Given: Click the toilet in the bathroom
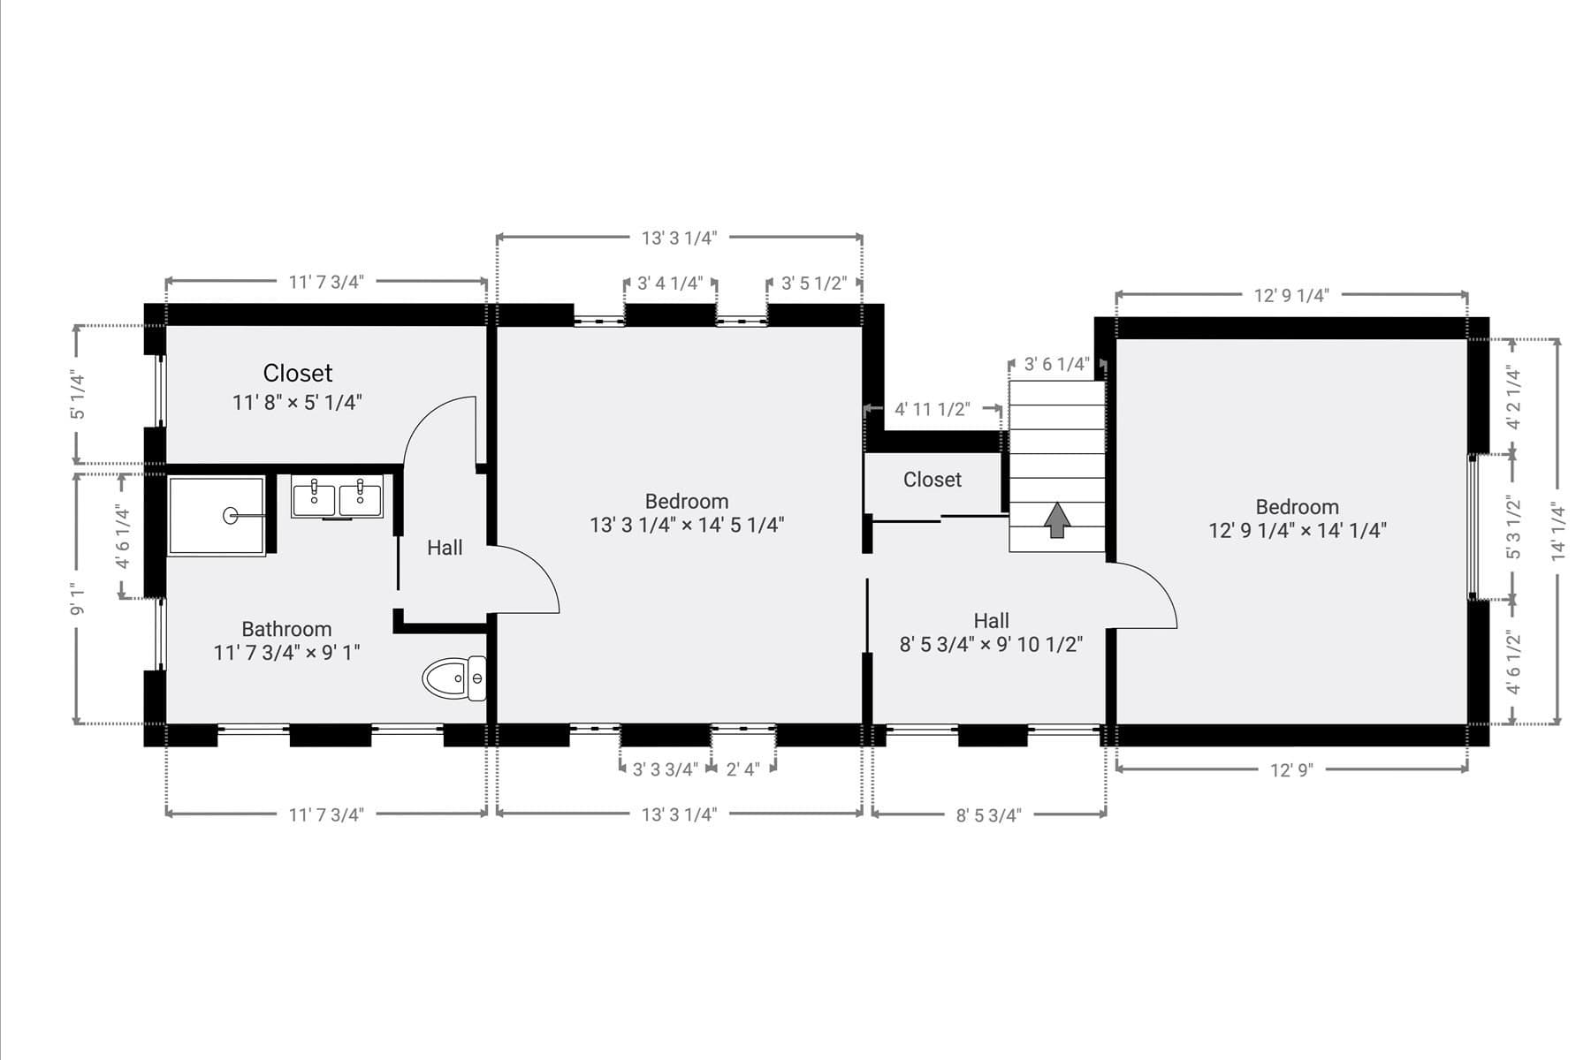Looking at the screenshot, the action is [454, 678].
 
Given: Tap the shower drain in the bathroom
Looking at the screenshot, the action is [231, 515].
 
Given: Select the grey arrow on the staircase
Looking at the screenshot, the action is [1057, 519].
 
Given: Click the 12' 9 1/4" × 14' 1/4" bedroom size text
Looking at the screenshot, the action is [1298, 531].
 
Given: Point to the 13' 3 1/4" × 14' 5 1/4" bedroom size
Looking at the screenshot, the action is [687, 526].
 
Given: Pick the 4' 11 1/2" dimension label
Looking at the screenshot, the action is [932, 410].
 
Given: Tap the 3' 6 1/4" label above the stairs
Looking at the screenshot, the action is [1055, 364].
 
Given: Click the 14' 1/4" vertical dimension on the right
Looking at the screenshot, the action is [1558, 531].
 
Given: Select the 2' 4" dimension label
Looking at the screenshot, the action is [742, 769].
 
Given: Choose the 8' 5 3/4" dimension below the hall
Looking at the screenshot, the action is [988, 815].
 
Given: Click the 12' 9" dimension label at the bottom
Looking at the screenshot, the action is [1291, 770].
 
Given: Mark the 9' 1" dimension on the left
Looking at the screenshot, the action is [78, 598].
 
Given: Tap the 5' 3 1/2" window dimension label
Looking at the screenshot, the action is [1513, 526].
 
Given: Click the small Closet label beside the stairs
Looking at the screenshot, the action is [933, 480].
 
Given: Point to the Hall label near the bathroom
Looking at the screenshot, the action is [445, 548].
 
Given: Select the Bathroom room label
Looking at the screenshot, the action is [286, 629].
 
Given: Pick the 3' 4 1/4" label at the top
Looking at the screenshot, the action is [670, 284].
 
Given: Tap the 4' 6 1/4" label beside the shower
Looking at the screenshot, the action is [123, 537].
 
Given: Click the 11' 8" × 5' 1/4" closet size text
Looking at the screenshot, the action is [297, 403].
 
